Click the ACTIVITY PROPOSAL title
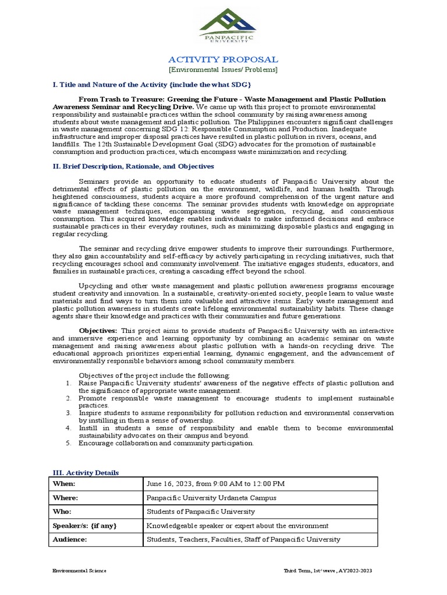click(223, 59)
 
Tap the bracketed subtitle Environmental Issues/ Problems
click(223, 70)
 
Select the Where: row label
click(66, 498)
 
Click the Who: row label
click(63, 512)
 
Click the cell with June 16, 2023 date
click(215, 483)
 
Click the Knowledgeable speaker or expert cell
click(237, 526)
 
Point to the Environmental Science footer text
click(79, 571)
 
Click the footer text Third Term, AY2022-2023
click(327, 571)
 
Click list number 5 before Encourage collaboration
click(68, 443)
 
